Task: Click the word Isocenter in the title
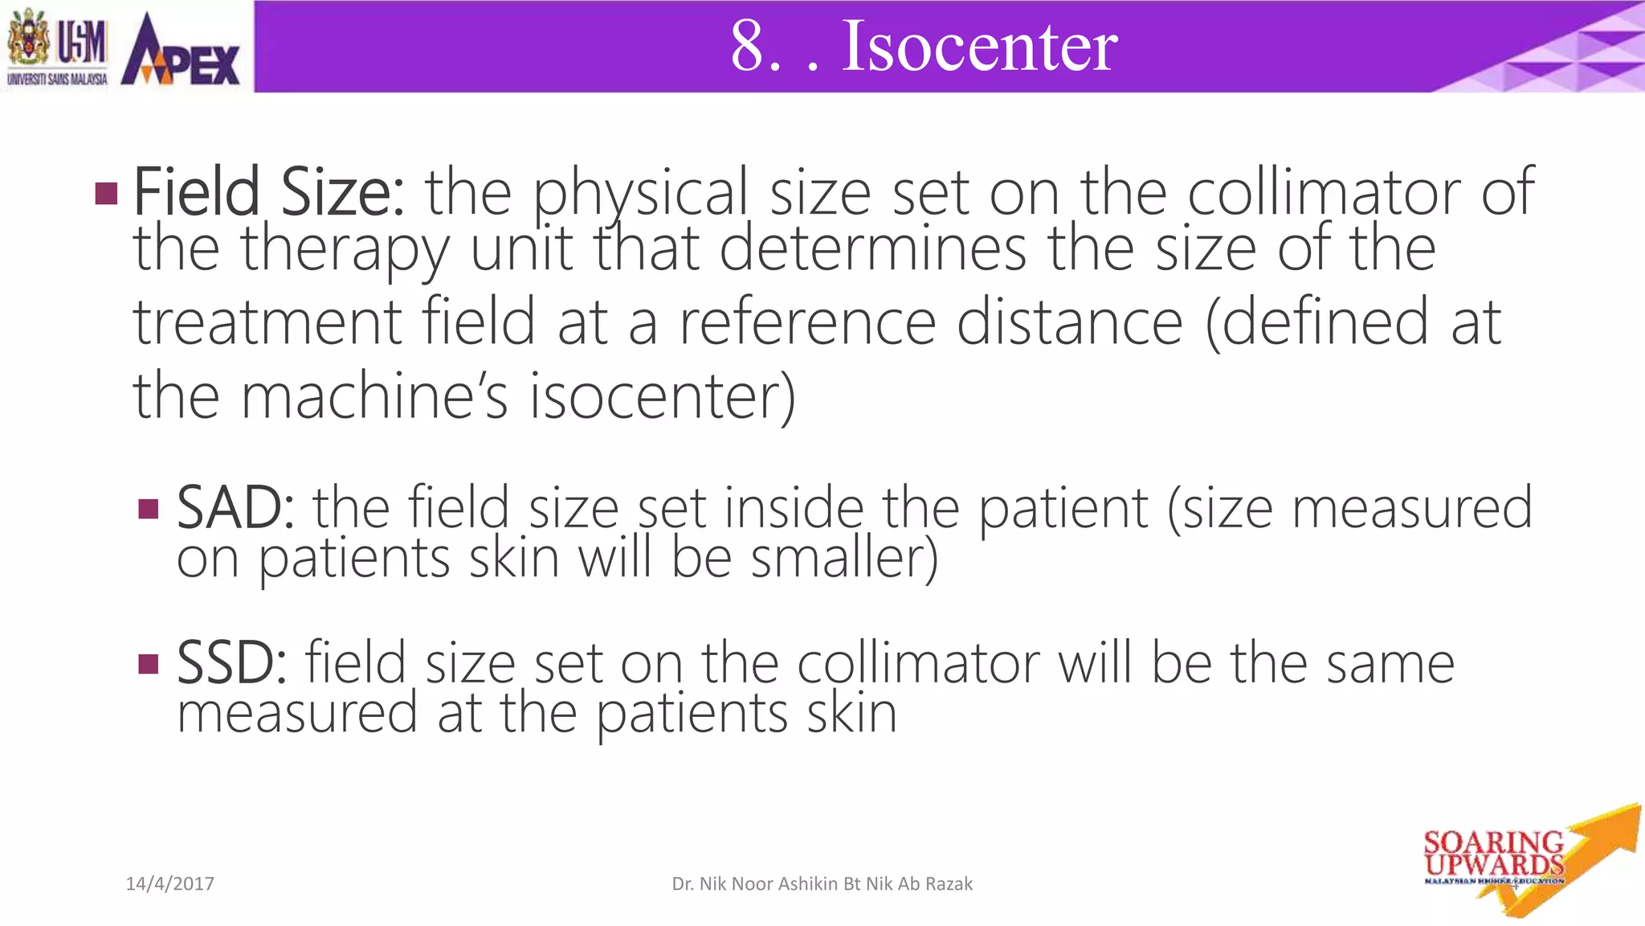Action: coord(979,46)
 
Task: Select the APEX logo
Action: coord(180,50)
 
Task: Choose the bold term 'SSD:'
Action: coord(231,663)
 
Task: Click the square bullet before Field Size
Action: coord(106,193)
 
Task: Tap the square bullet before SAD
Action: coord(149,509)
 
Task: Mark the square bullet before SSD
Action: coord(149,664)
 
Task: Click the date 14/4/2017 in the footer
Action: coord(170,884)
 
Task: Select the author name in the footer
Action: coord(822,884)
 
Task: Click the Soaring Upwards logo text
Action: coord(1493,854)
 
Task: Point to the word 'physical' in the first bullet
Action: coord(641,194)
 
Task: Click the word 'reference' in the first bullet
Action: coord(807,322)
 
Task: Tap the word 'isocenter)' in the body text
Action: coord(663,395)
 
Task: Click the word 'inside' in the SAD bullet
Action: coord(794,507)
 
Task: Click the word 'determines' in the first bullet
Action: coord(872,248)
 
